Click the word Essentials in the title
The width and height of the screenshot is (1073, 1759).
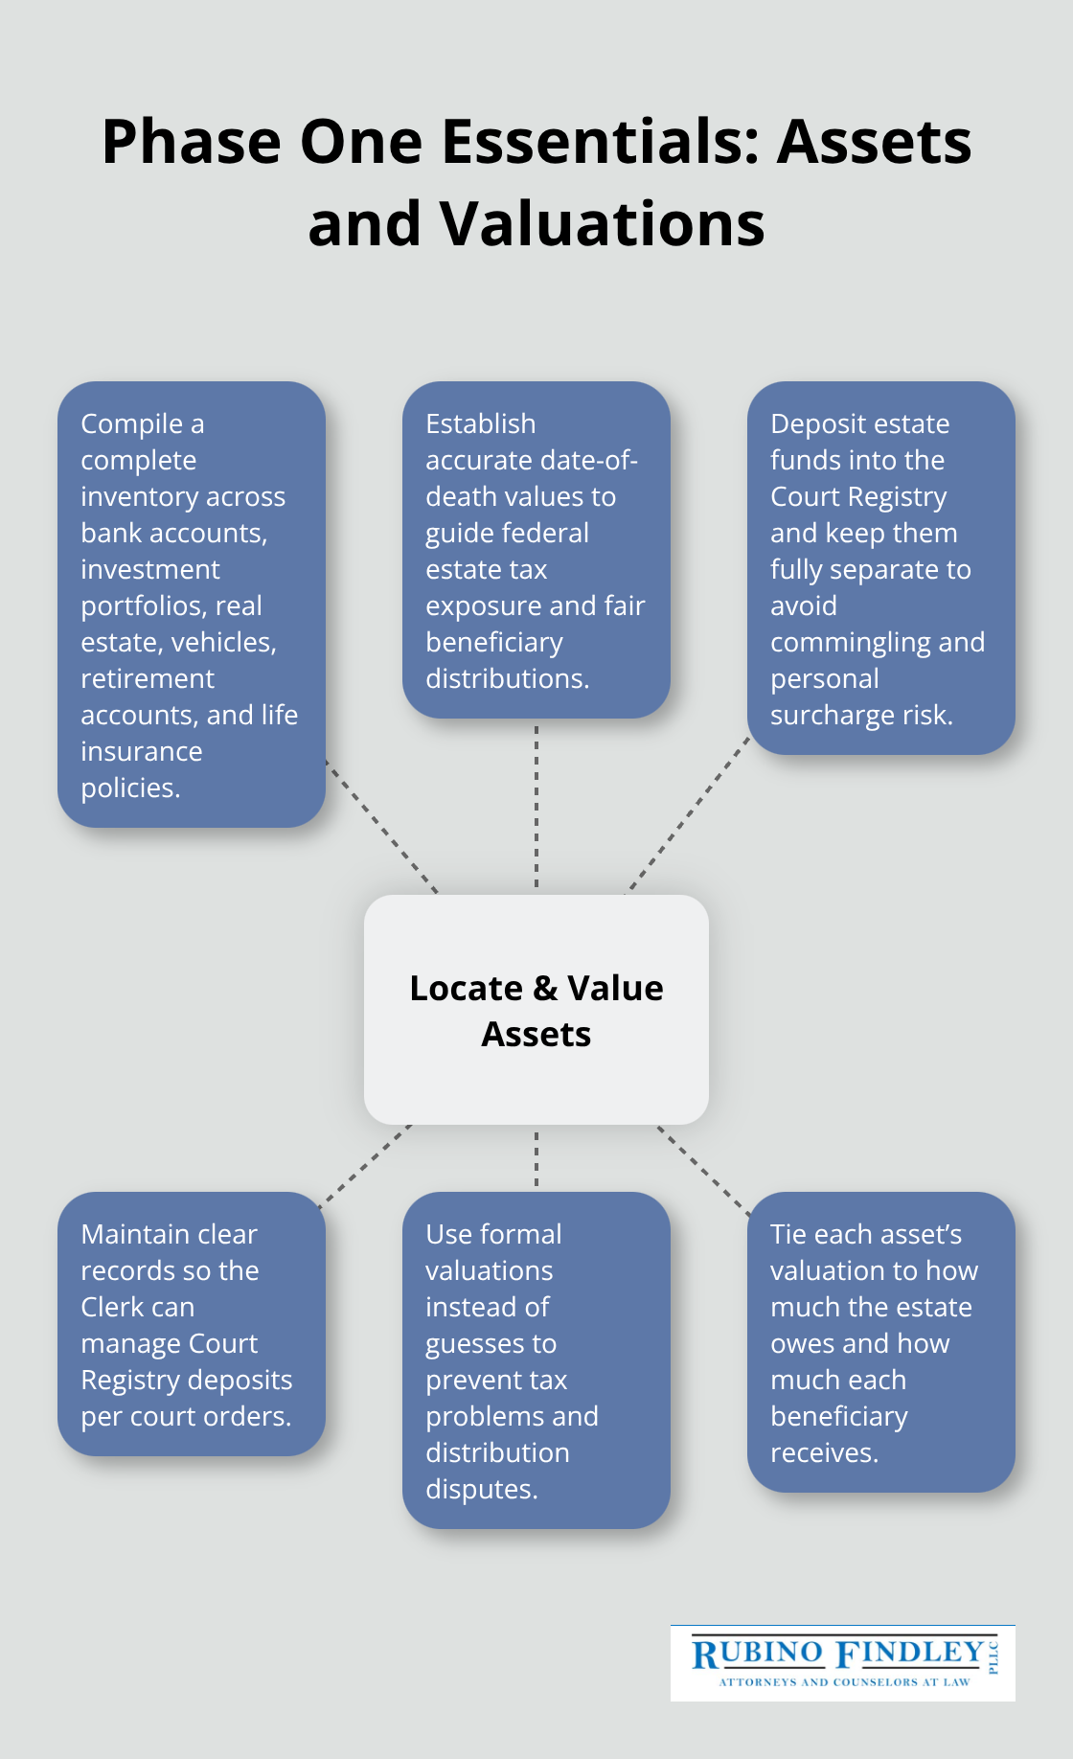pos(599,142)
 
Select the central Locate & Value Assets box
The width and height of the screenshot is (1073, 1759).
pos(536,1010)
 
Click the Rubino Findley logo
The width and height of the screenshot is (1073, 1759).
pos(842,1662)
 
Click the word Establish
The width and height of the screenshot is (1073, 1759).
pos(480,423)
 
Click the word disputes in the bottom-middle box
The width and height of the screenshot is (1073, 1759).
pos(481,1489)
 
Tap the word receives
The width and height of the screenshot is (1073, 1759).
pos(824,1452)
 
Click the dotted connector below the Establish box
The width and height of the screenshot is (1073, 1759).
pos(536,805)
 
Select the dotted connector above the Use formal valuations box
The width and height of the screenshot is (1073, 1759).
pos(536,1157)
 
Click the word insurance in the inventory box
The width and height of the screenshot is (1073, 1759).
pos(141,751)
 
